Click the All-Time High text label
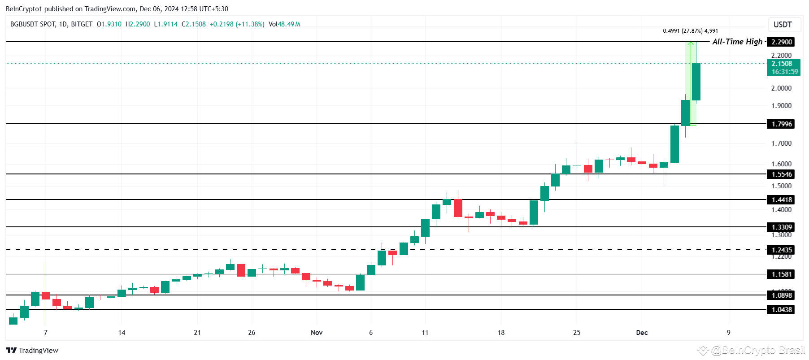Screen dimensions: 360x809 tap(737, 42)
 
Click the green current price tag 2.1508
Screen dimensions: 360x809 tap(783, 68)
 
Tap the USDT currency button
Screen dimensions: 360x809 tap(783, 25)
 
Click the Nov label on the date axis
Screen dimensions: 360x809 tap(317, 333)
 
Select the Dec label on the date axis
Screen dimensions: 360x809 tap(642, 333)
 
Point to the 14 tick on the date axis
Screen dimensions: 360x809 tap(122, 333)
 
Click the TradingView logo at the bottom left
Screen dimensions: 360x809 tap(32, 351)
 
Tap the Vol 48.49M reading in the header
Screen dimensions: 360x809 tap(284, 24)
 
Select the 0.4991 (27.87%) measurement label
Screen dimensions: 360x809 tap(690, 31)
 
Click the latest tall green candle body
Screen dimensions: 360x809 tap(696, 82)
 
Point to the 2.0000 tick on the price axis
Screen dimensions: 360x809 tap(781, 88)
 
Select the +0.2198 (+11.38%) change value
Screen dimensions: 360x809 tap(237, 24)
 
